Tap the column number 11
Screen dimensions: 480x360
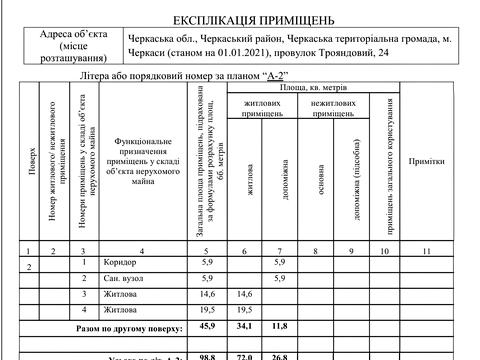coord(427,249)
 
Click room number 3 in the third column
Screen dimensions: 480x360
coord(85,295)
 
